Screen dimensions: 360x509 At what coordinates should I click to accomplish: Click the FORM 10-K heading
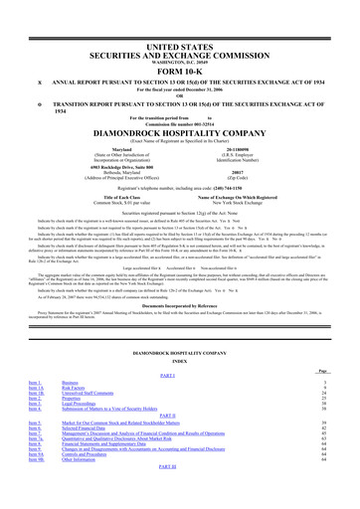point(180,43)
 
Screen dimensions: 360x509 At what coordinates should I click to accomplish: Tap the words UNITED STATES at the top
point(180,18)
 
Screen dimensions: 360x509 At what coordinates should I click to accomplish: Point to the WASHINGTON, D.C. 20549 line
point(180,34)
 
